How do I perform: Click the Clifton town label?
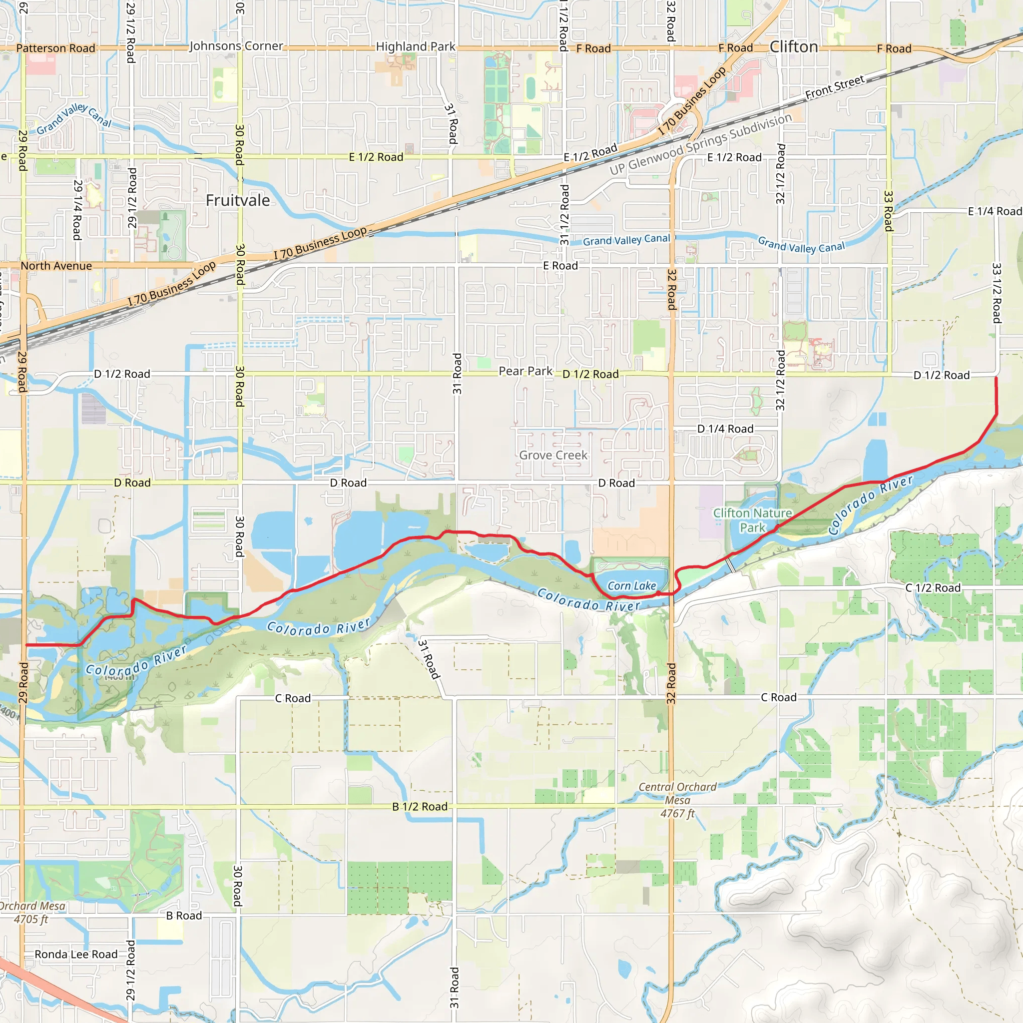(x=793, y=47)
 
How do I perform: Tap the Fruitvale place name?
(x=238, y=200)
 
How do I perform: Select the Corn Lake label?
(x=632, y=585)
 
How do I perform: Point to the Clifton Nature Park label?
(x=752, y=520)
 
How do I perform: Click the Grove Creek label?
(x=553, y=455)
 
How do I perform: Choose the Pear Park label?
(x=525, y=371)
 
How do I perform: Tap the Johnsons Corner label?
(x=236, y=46)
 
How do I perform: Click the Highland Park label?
(x=415, y=46)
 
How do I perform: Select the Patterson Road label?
(x=55, y=48)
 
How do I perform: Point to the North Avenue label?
(x=56, y=266)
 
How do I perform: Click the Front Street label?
(x=835, y=87)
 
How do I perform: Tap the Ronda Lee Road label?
(x=76, y=954)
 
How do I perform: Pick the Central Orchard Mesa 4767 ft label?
(x=677, y=800)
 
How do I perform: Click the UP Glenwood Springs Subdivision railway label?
(x=700, y=144)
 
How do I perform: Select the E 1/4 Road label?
(x=995, y=211)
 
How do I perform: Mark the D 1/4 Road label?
(x=725, y=429)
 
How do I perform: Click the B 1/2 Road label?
(x=420, y=806)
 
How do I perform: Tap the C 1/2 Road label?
(x=933, y=588)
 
